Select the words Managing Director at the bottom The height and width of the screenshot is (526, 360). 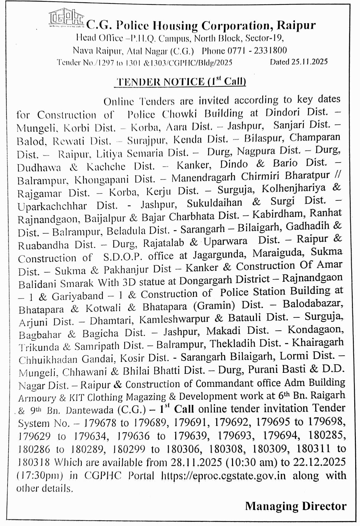(x=296, y=506)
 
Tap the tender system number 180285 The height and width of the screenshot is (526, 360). (x=327, y=435)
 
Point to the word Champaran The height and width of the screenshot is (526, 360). (x=315, y=137)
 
